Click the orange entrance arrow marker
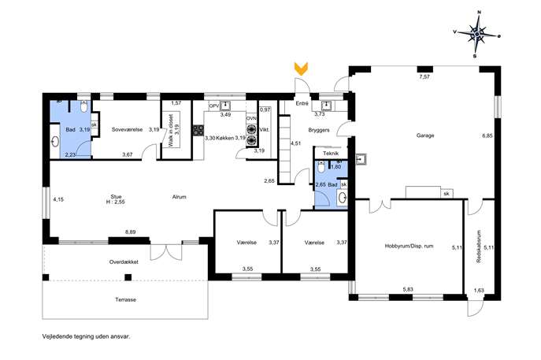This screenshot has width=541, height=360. pos(301,69)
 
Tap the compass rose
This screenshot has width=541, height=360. pos(476,34)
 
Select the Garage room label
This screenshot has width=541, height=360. pos(425,135)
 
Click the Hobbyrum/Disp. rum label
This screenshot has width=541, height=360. pos(409,246)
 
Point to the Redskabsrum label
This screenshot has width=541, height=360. pos(479,247)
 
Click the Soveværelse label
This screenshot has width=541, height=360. pos(127,130)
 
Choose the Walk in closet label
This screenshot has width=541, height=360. pos(171,131)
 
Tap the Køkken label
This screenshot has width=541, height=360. pos(225,138)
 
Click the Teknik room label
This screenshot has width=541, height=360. pos(331,154)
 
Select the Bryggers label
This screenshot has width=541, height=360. pos(319,130)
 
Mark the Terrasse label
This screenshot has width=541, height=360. pos(125,299)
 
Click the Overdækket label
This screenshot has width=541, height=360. pos(124,262)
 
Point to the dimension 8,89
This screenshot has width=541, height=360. pos(131,232)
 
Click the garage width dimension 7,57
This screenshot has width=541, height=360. pos(424,77)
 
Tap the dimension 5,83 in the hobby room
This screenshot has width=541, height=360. pos(408,290)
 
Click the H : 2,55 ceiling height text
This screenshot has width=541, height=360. pos(116,202)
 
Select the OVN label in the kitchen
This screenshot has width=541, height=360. pos(251,118)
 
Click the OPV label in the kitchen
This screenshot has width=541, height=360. pos(214,106)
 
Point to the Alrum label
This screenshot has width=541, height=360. pos(180,197)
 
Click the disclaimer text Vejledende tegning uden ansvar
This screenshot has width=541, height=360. pos(87,336)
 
